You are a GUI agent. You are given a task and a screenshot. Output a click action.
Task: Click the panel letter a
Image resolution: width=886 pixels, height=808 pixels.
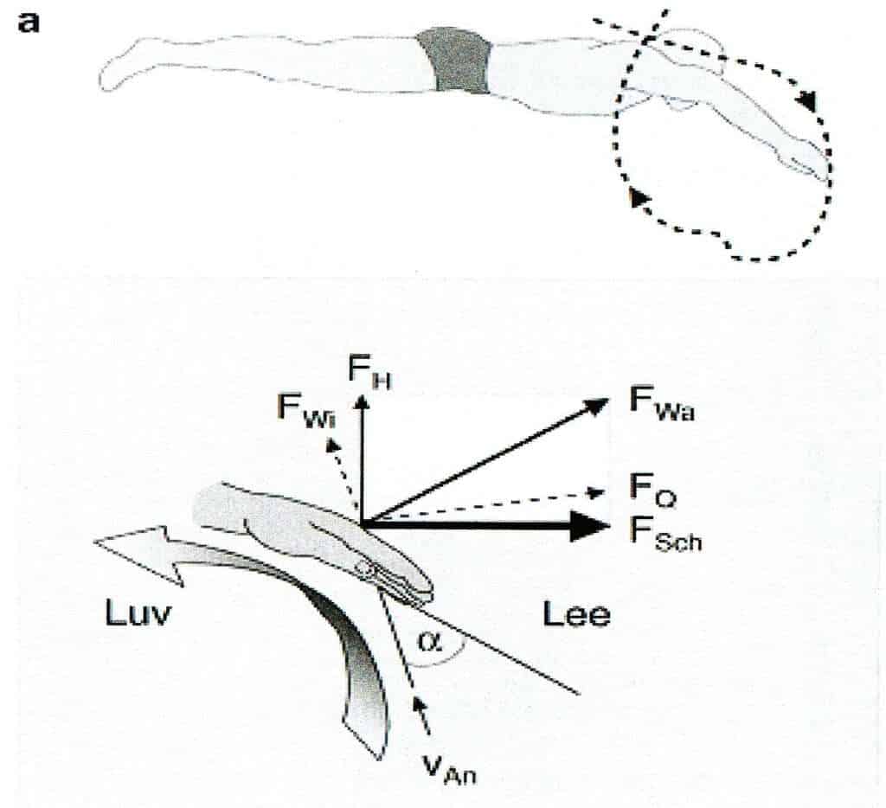coord(29,22)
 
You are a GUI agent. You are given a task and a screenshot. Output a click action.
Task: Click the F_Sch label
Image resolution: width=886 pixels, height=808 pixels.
coord(663,528)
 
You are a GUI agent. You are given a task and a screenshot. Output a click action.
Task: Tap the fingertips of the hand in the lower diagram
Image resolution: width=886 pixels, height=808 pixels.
coord(428,593)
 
